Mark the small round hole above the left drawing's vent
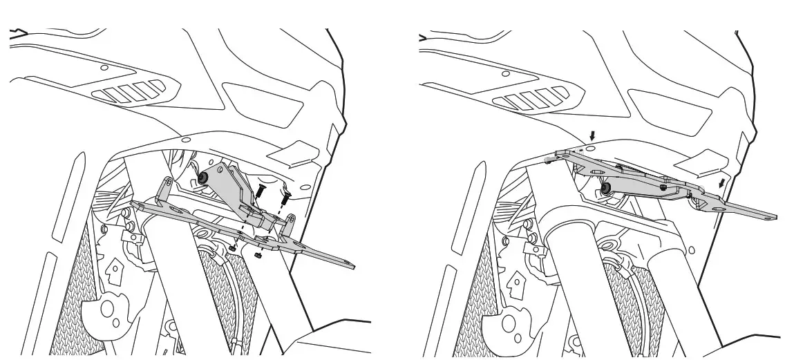coord(104,68)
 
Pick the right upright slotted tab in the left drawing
coord(291,225)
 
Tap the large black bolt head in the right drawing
coord(606,189)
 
